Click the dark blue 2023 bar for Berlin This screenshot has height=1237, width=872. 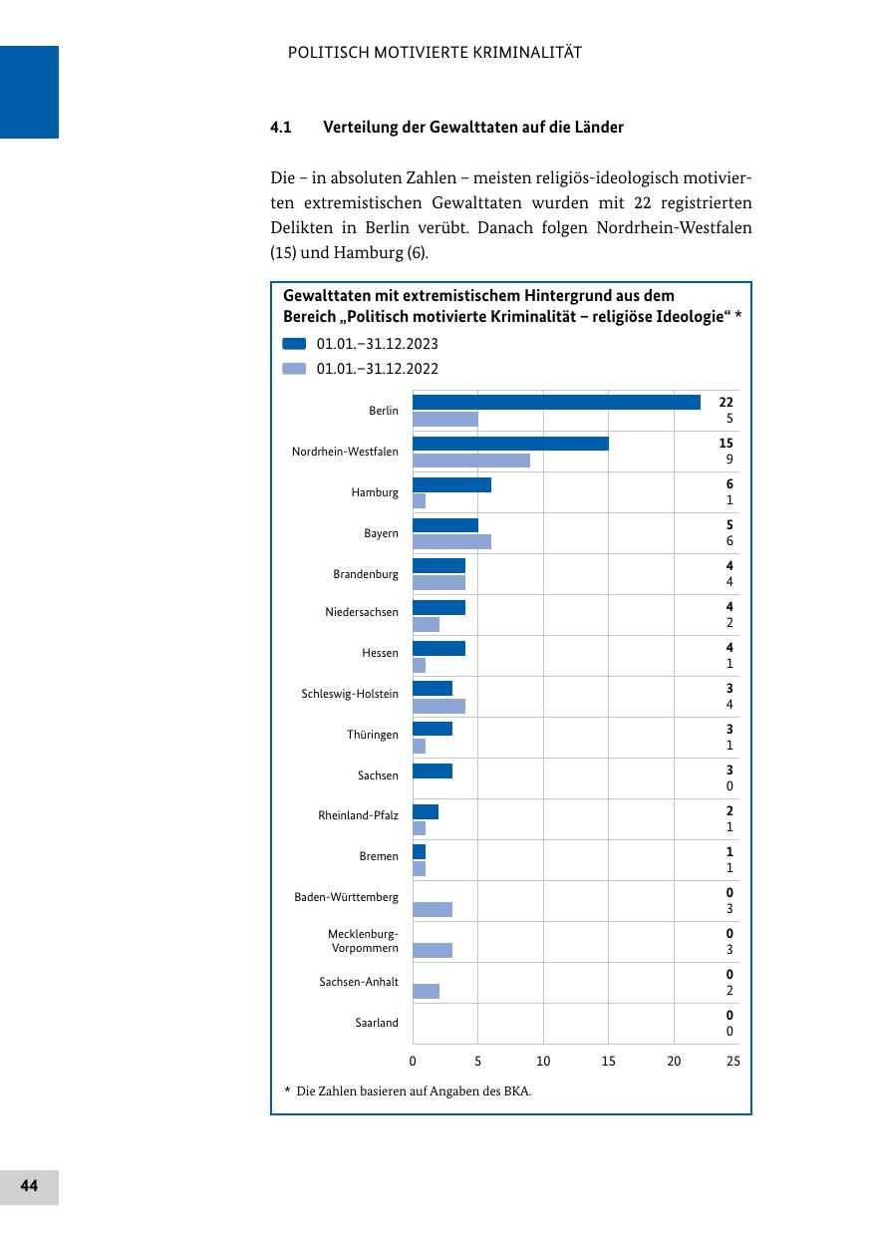point(556,402)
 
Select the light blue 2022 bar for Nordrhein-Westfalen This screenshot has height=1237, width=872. point(471,460)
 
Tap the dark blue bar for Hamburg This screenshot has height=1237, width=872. point(451,484)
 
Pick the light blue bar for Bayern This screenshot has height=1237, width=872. point(451,541)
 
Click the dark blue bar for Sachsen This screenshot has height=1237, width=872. point(433,771)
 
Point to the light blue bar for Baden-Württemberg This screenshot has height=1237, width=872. point(433,909)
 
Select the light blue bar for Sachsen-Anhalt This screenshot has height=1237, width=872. point(426,991)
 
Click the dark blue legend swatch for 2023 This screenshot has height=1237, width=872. point(294,344)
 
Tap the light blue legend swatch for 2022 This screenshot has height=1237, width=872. point(294,369)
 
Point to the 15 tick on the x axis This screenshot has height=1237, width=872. point(608,1061)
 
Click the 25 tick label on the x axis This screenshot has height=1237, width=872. point(732,1061)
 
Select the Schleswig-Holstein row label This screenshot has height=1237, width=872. point(350,694)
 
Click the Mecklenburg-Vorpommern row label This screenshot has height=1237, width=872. point(363,940)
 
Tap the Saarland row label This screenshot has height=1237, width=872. point(377,1022)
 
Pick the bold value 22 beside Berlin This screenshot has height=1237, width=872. point(726,402)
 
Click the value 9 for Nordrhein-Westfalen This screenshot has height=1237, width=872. point(729,459)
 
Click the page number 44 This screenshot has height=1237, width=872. point(29,1185)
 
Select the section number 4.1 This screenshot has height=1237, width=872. point(281,128)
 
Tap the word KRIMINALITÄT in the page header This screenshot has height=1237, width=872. point(528,53)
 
